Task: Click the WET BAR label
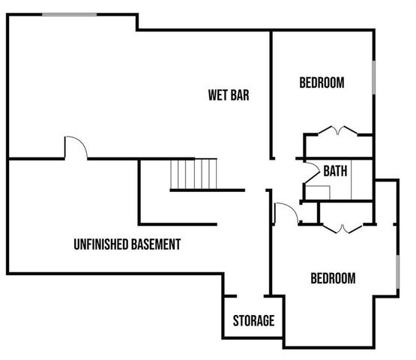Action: (229, 95)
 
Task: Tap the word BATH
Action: (335, 171)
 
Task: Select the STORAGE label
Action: (253, 321)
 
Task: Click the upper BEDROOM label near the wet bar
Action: (322, 82)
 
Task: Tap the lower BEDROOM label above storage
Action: (333, 278)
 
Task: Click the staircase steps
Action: (194, 174)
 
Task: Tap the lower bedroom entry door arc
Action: (286, 213)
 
